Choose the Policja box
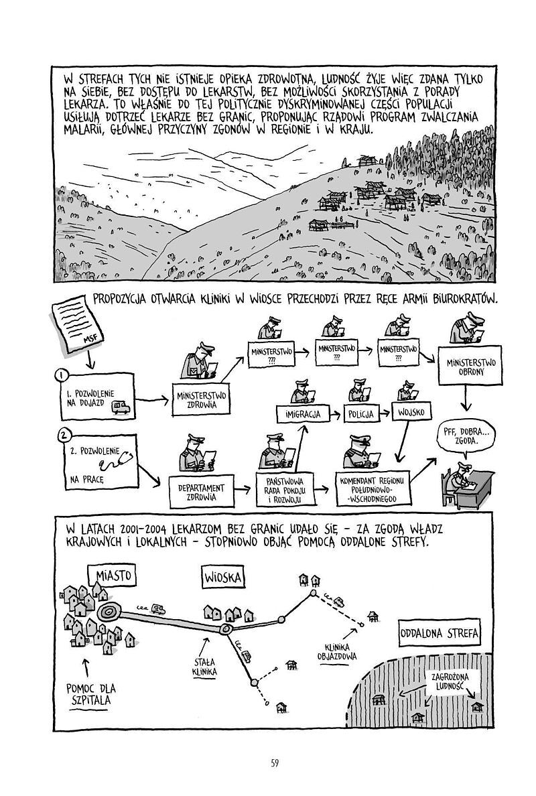click(361, 413)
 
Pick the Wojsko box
click(411, 411)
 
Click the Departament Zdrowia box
click(201, 491)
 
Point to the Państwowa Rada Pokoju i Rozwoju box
click(284, 489)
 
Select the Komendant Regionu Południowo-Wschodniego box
click(372, 489)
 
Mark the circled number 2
click(63, 435)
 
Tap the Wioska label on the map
click(223, 577)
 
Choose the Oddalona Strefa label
click(439, 633)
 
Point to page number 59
click(275, 762)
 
